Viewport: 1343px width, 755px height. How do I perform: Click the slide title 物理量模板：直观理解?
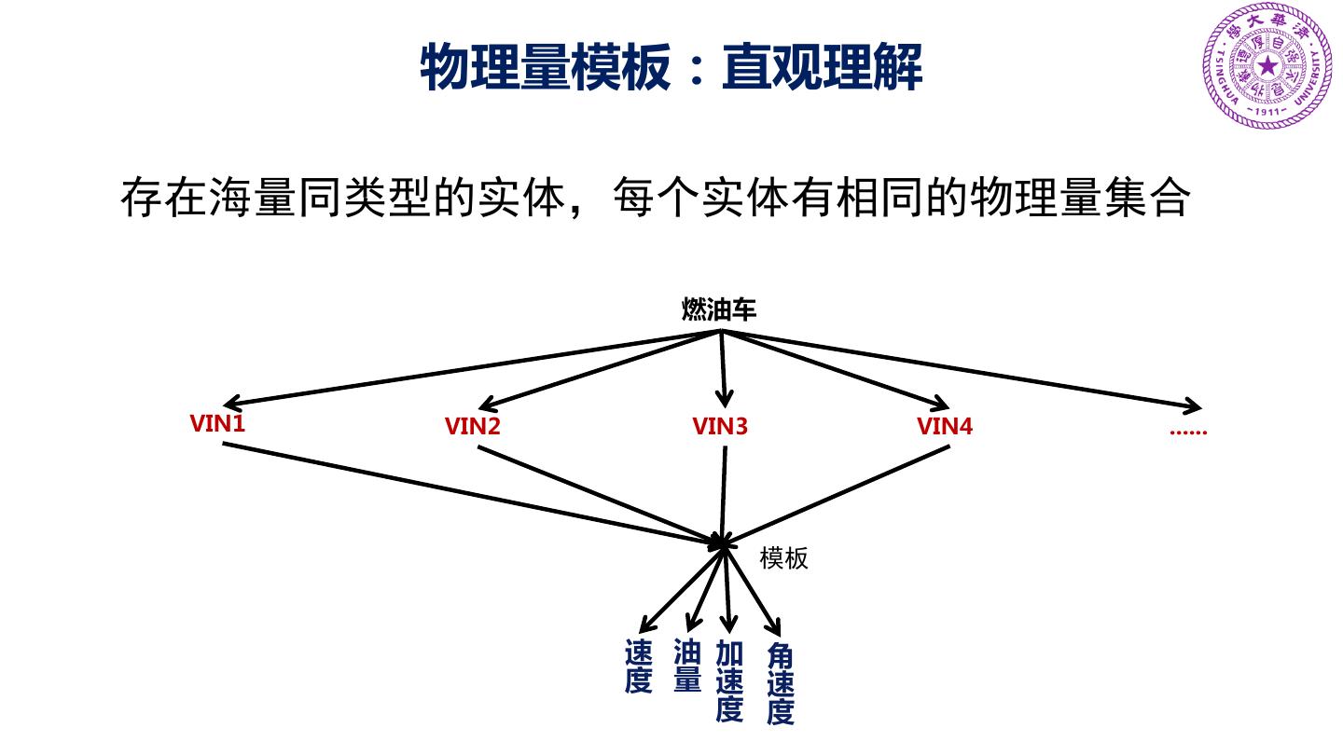coord(671,67)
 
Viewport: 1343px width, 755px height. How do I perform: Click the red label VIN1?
coord(217,424)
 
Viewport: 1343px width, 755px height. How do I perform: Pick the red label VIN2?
coord(473,427)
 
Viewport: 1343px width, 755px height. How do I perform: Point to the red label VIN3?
coord(720,427)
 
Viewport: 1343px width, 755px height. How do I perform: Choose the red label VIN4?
coord(945,427)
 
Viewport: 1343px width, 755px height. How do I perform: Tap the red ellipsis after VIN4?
coord(1187,431)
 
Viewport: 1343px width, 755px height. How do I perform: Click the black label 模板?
coord(783,558)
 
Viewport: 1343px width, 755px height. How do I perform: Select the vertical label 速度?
coord(638,666)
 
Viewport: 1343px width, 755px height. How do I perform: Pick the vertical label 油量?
coord(686,666)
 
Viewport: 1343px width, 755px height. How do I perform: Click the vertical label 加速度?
coord(729,681)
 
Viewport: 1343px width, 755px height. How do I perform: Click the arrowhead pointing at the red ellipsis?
coord(1195,406)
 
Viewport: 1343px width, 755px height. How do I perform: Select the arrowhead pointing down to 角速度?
coord(773,627)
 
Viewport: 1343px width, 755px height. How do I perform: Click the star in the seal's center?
coord(1267,66)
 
